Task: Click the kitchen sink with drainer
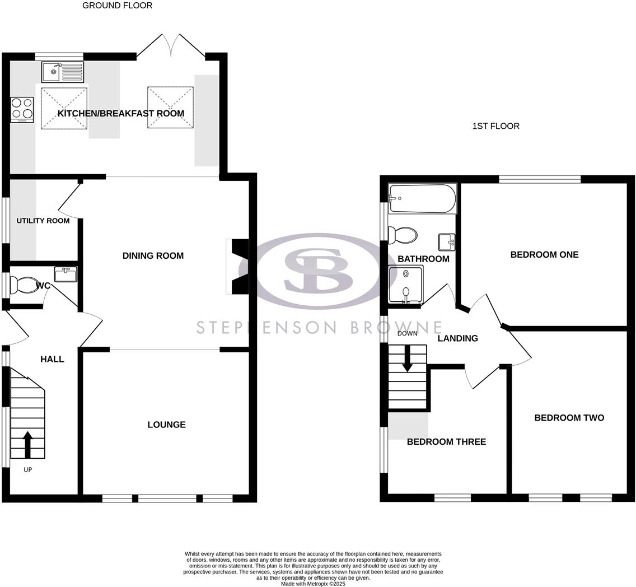(x=62, y=72)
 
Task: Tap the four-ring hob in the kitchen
(x=22, y=110)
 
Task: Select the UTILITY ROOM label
(x=43, y=221)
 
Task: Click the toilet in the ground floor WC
(x=25, y=285)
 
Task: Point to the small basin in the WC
(x=65, y=274)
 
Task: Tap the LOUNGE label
(x=166, y=425)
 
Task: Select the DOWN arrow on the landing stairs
(x=407, y=359)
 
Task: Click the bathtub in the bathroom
(x=423, y=199)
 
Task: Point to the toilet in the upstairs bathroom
(x=404, y=235)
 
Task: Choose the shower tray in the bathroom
(x=406, y=285)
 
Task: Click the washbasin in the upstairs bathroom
(x=447, y=242)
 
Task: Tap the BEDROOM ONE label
(x=544, y=255)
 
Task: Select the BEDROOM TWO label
(x=569, y=418)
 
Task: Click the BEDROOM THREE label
(x=446, y=442)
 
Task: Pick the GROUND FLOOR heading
(x=117, y=6)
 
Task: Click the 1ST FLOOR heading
(x=495, y=126)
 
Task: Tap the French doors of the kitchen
(x=171, y=46)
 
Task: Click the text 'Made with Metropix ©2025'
(x=313, y=584)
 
